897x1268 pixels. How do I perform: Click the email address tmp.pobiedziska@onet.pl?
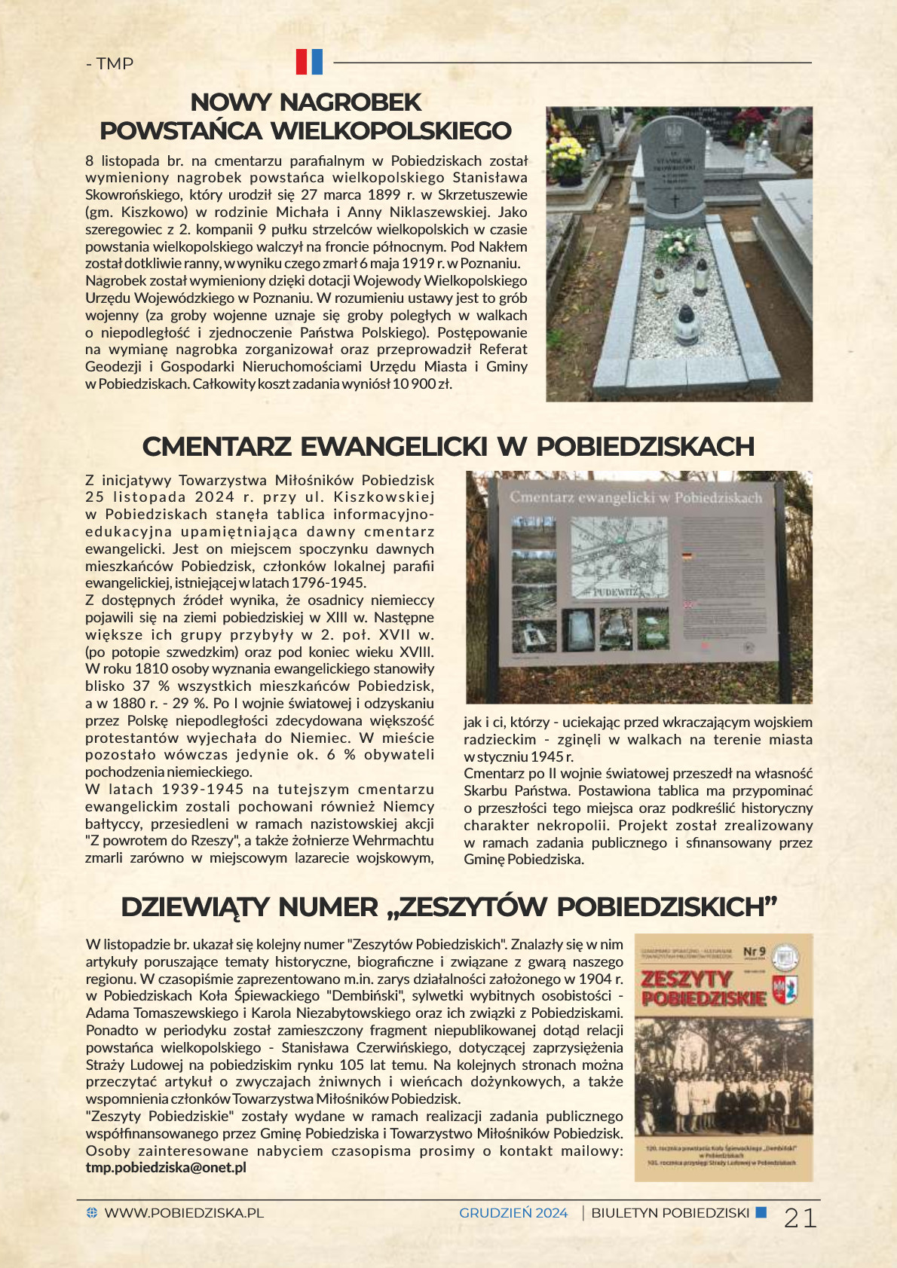[x=166, y=1168]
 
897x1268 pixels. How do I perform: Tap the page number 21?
[x=800, y=1218]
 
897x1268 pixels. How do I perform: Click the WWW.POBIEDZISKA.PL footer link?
[x=184, y=1213]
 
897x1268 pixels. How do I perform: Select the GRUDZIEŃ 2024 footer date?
[x=513, y=1213]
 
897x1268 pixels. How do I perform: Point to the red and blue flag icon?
[x=309, y=62]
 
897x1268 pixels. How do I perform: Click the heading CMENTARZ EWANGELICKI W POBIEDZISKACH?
[x=448, y=446]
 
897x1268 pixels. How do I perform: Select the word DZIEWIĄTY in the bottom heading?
[x=196, y=907]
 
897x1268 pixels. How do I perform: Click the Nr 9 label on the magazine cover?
[x=754, y=952]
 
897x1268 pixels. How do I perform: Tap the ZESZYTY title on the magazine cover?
[x=686, y=979]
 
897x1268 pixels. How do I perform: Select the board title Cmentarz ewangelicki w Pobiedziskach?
[x=635, y=497]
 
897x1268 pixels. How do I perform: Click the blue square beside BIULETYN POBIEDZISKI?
[x=761, y=1212]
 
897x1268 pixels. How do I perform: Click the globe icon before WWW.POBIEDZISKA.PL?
[x=92, y=1213]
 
